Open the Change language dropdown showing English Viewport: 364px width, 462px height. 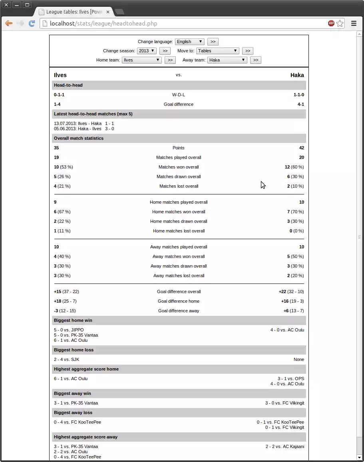189,42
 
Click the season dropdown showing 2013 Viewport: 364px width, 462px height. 146,51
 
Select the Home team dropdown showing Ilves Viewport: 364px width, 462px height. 141,60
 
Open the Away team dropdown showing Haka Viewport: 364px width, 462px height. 227,60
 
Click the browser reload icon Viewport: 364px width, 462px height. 32,24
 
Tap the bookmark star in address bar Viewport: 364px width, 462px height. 340,24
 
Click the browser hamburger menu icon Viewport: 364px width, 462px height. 354,24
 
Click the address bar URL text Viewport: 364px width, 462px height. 103,24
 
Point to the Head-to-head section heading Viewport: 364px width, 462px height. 68,85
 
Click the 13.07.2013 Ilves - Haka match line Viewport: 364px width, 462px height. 84,123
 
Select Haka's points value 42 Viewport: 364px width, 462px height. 301,148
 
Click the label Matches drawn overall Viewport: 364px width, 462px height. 179,176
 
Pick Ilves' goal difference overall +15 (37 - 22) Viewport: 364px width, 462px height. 66,291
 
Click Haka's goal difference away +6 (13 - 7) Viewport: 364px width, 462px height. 294,311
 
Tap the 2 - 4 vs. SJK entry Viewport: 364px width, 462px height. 66,359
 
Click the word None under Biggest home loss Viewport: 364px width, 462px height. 298,359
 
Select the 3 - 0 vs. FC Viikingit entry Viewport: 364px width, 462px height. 284,403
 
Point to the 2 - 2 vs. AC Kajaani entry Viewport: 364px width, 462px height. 284,446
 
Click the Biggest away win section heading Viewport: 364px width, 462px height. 73,393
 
